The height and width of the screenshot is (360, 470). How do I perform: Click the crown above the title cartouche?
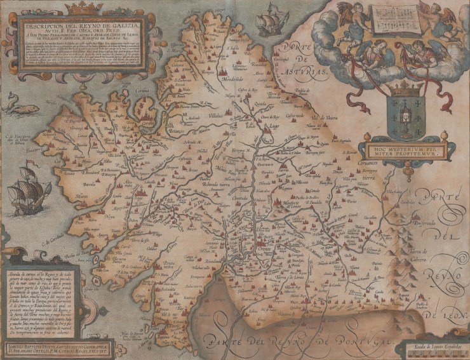click(x=84, y=8)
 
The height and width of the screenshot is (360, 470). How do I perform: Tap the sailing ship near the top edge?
click(x=272, y=20)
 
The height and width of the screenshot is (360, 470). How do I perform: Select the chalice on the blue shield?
click(x=403, y=114)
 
